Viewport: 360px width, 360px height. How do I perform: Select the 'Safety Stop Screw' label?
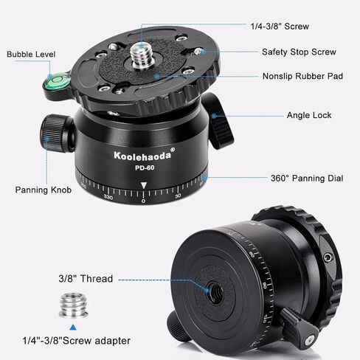click(299, 52)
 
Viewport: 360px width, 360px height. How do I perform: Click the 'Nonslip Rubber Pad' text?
click(302, 76)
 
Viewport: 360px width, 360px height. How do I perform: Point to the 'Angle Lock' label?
click(309, 115)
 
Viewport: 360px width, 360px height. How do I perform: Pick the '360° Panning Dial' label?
click(307, 179)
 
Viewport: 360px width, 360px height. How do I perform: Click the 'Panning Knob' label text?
click(44, 190)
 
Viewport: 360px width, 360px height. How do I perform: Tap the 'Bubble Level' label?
click(31, 55)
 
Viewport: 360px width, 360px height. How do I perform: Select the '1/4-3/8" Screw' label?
click(280, 27)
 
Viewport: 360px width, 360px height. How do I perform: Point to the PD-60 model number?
click(145, 167)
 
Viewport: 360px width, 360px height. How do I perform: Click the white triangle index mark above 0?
click(143, 185)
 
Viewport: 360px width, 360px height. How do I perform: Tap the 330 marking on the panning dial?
click(108, 197)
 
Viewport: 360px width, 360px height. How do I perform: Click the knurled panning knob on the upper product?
click(55, 133)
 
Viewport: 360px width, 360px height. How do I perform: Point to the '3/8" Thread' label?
click(86, 279)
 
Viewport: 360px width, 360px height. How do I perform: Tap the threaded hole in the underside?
click(215, 291)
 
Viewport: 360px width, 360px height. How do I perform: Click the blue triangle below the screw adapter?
click(73, 328)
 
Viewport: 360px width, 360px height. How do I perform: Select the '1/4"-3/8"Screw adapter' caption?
click(76, 341)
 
